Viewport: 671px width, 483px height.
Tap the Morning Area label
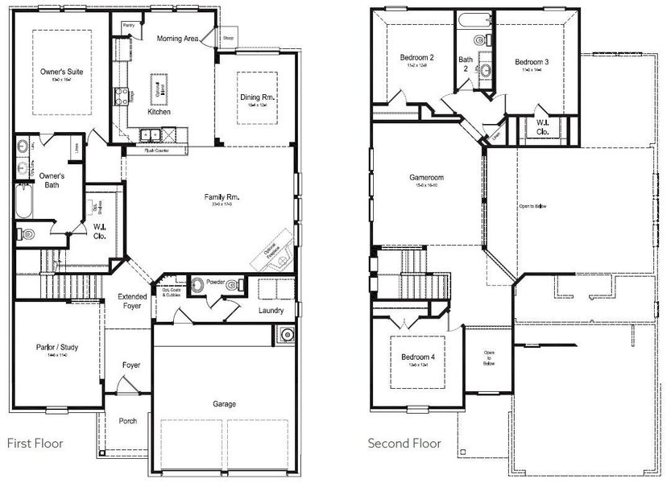(177, 38)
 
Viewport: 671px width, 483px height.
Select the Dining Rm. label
(258, 97)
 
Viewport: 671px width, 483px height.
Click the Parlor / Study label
(56, 348)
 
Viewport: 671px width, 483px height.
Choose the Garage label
(225, 404)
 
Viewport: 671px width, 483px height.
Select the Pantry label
(128, 26)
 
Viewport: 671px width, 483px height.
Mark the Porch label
(128, 420)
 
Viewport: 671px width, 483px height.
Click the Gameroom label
(426, 178)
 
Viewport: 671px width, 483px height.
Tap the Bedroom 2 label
(417, 58)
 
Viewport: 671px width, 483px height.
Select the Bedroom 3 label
(532, 62)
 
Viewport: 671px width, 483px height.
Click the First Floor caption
(35, 443)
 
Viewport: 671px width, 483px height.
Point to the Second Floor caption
(404, 443)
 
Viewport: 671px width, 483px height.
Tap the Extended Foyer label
(133, 302)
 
